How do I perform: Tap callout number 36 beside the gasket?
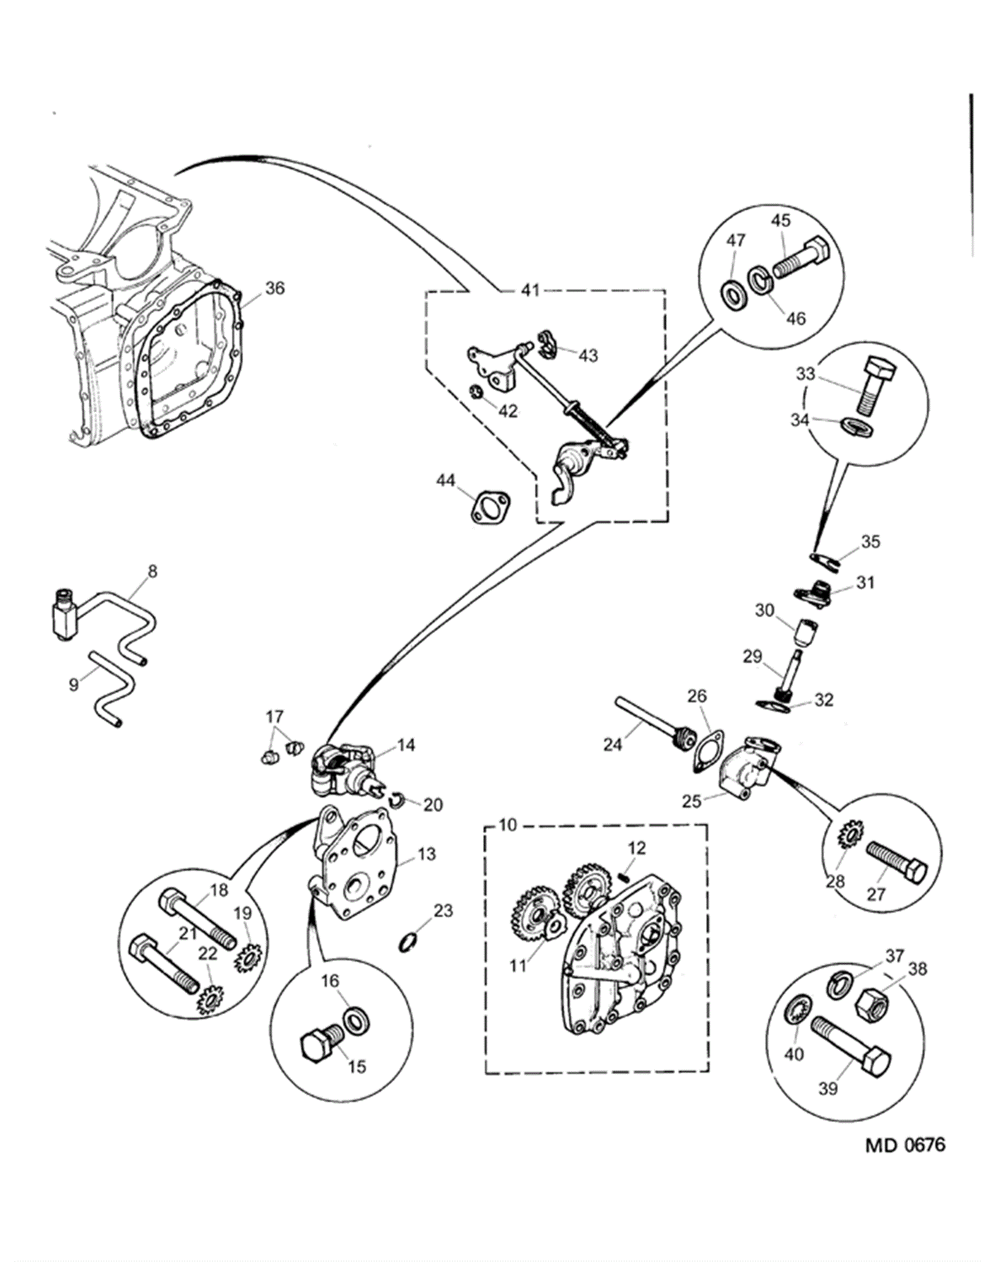pos(275,288)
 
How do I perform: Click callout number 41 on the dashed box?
pos(530,290)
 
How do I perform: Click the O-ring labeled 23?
pos(410,943)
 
